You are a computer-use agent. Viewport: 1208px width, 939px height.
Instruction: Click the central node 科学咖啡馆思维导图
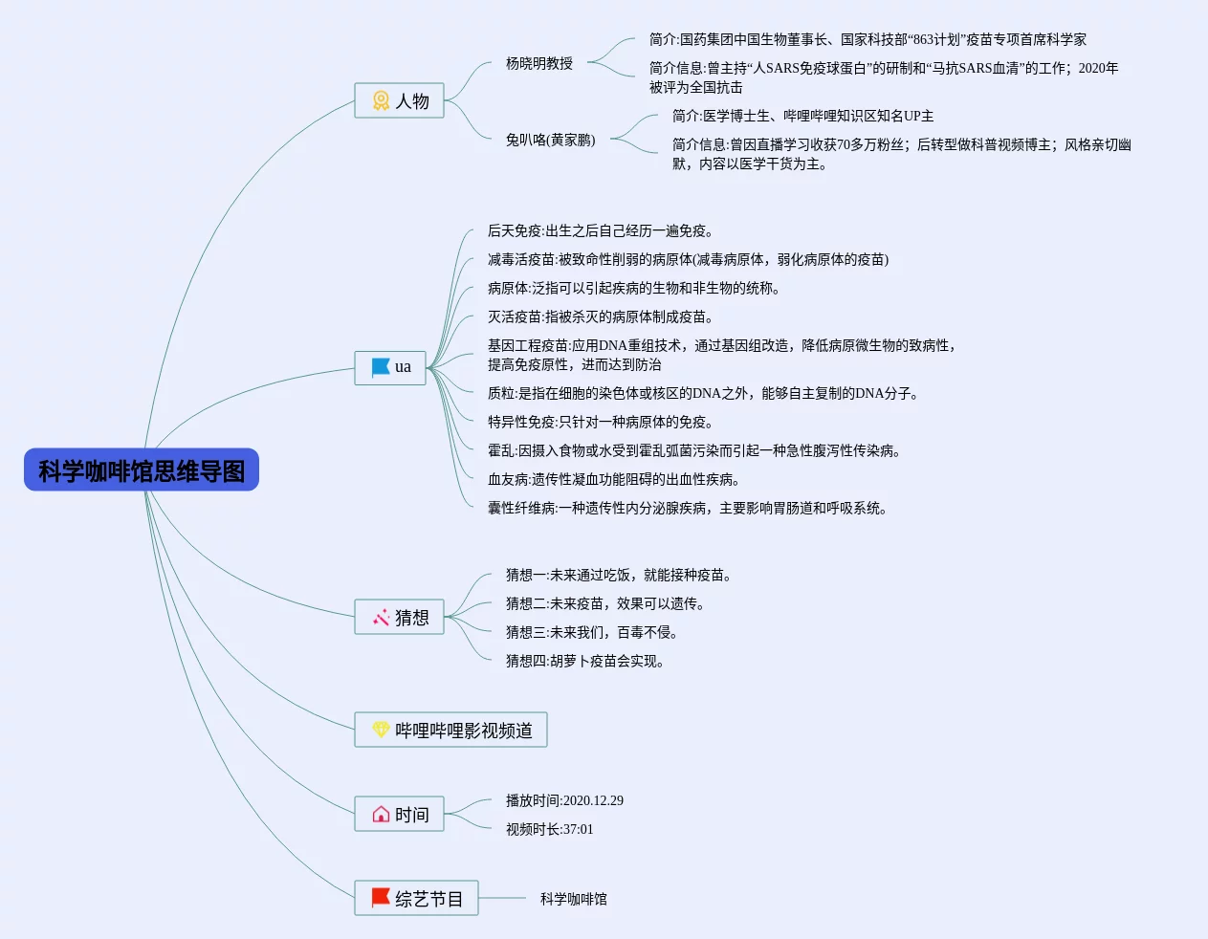point(142,470)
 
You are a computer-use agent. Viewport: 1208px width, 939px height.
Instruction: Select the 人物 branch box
point(399,100)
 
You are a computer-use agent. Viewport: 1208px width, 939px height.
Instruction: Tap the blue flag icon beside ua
point(381,367)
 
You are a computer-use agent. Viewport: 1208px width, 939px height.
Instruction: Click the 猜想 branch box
point(399,618)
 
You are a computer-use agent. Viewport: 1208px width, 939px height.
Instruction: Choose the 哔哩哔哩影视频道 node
point(450,731)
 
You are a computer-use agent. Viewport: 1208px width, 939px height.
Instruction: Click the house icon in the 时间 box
point(381,815)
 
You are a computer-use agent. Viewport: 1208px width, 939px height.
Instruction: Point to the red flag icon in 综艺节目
point(381,898)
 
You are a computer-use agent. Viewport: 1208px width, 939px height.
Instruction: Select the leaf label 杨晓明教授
point(539,64)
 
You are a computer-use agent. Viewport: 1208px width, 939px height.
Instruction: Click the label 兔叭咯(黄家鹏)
point(550,141)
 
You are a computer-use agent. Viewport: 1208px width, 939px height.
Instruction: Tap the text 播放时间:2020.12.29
point(564,801)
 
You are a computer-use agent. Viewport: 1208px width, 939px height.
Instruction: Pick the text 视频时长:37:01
point(549,830)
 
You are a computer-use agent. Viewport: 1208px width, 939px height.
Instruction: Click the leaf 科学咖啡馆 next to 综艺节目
point(573,899)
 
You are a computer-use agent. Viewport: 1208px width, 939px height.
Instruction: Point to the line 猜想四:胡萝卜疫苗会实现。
point(585,662)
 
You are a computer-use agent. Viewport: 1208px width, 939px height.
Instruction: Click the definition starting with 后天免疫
point(601,231)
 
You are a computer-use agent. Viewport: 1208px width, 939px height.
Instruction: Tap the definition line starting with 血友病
point(614,480)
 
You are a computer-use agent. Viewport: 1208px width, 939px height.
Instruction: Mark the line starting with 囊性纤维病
point(688,509)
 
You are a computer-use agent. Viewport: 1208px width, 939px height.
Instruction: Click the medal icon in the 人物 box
point(381,100)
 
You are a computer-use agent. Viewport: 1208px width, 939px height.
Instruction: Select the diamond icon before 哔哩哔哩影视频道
point(381,731)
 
